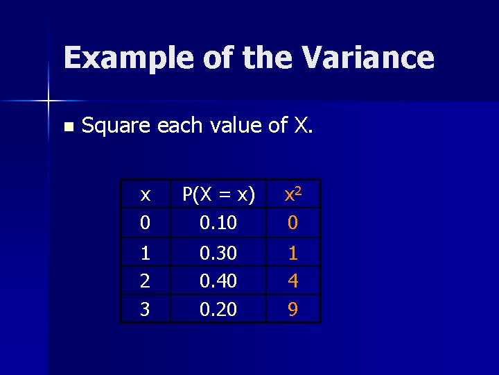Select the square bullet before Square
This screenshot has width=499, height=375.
pos(67,127)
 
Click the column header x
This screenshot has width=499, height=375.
pos(145,195)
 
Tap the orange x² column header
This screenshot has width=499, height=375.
pos(293,194)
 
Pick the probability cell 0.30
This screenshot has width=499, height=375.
pos(218,253)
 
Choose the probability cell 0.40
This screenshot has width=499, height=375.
pos(218,281)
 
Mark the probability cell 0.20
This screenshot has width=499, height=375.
pos(218,309)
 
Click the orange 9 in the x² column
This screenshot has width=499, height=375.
pos(293,309)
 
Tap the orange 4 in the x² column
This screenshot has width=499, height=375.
pos(293,281)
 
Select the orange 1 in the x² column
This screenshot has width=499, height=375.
pos(293,253)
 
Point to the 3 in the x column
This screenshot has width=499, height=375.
pos(145,309)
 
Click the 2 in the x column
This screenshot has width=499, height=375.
pos(145,281)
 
